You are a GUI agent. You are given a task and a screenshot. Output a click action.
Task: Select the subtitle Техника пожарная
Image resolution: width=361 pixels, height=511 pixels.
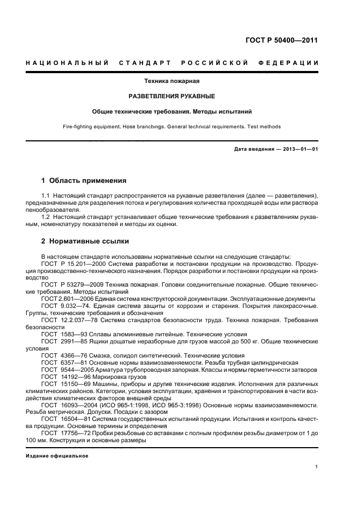[171, 81]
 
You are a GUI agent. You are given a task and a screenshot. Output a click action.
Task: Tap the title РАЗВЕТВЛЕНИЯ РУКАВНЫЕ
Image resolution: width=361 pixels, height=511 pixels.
[171, 96]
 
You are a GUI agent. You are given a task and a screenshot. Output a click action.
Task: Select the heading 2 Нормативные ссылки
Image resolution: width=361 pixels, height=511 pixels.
[85, 241]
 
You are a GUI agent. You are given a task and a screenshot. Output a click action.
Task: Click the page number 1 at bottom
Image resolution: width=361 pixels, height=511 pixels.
[317, 467]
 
